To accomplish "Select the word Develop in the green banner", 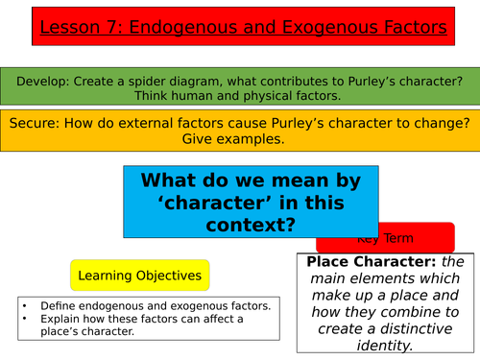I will tap(40, 77).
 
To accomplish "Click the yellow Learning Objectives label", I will tap(139, 276).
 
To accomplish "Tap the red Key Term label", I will tap(385, 237).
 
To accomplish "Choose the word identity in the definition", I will tap(385, 347).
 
